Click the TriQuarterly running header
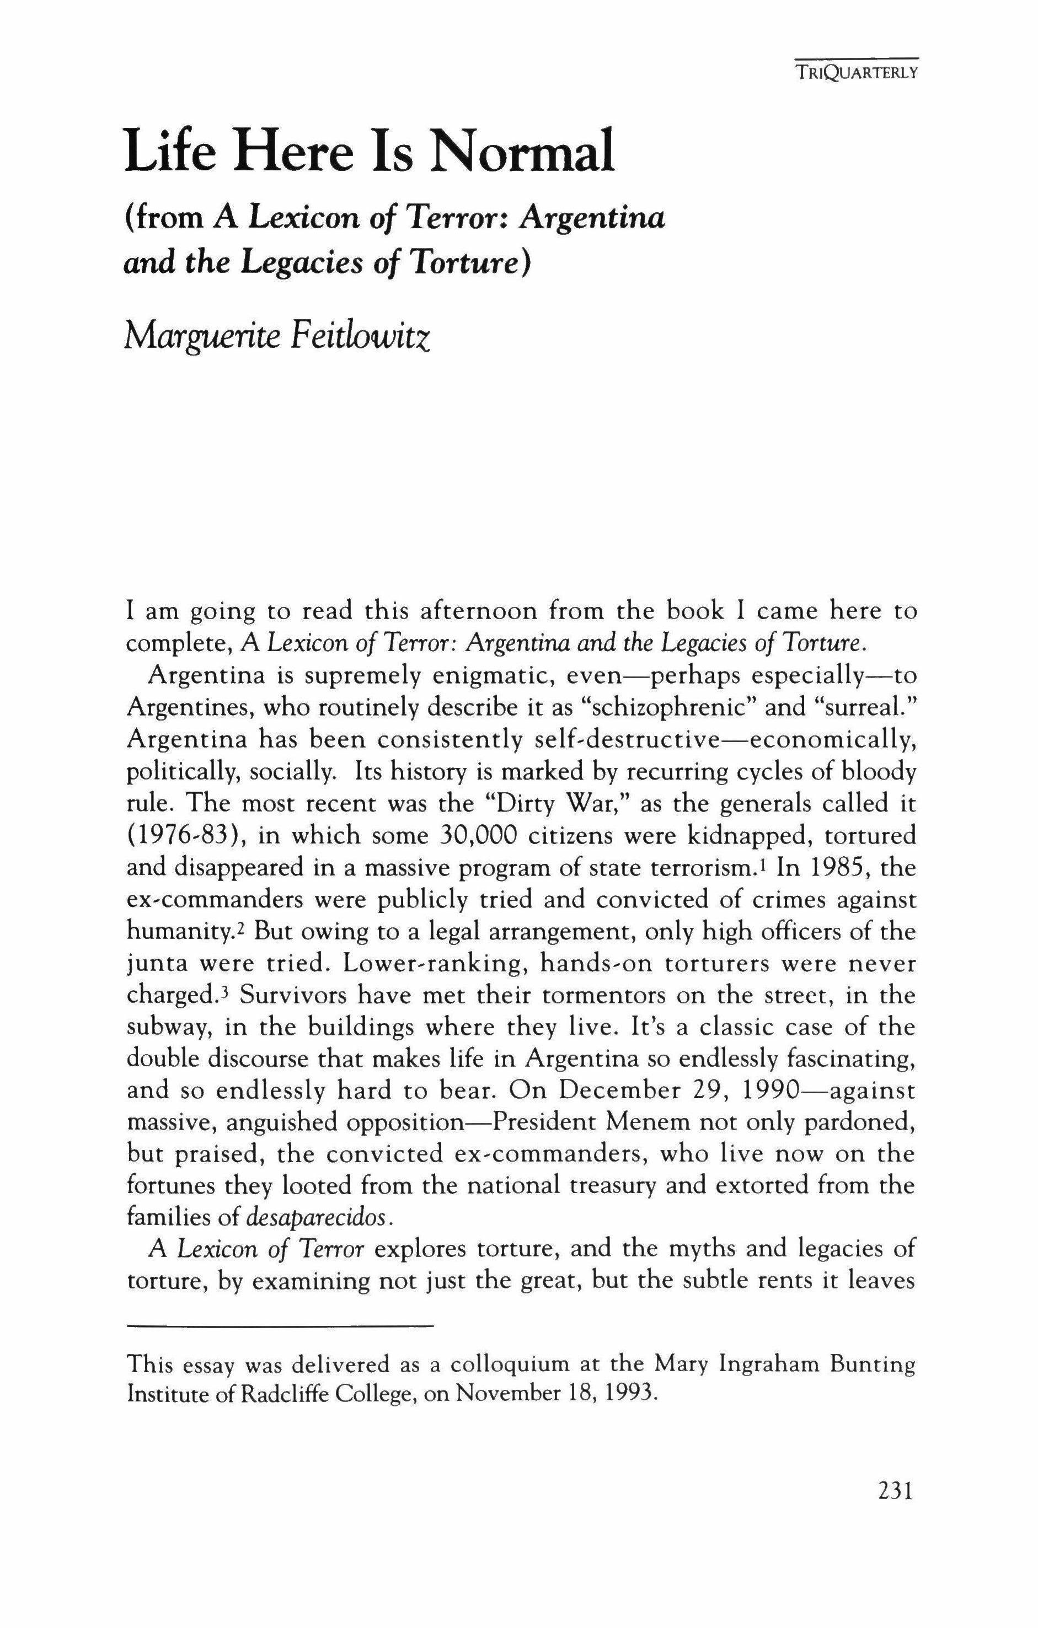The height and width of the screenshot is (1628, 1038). coord(855,73)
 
